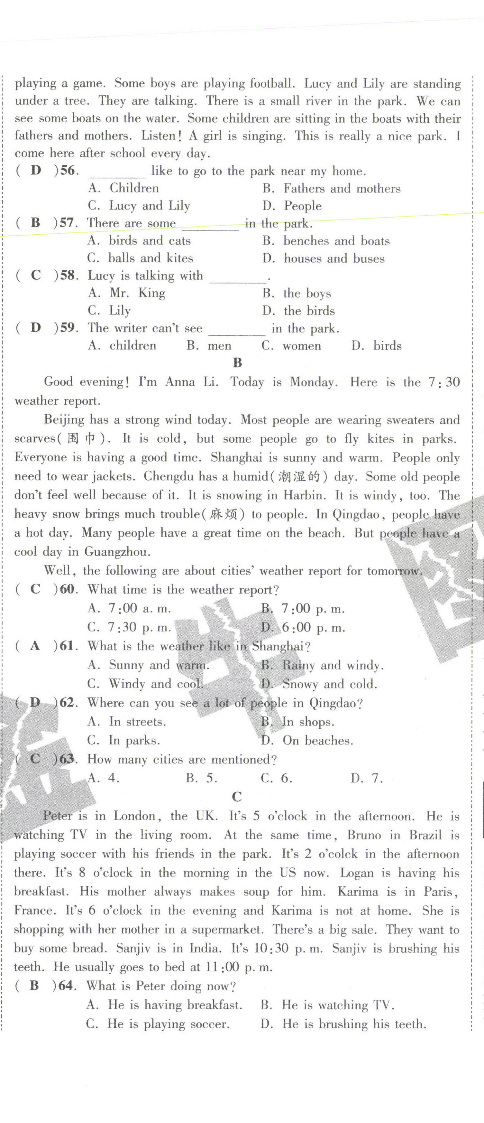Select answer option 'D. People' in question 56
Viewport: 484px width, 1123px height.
292,205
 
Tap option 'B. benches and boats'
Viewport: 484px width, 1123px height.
326,241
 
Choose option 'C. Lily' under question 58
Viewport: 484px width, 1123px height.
109,310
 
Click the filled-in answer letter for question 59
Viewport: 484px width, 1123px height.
36,327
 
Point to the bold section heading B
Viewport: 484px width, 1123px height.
237,363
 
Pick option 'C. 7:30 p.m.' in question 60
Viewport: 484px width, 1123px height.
129,627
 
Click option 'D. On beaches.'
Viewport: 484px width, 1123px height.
307,740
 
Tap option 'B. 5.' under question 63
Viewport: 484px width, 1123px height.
202,778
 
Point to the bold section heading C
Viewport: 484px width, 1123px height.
237,797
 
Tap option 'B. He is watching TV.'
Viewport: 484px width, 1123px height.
328,1005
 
